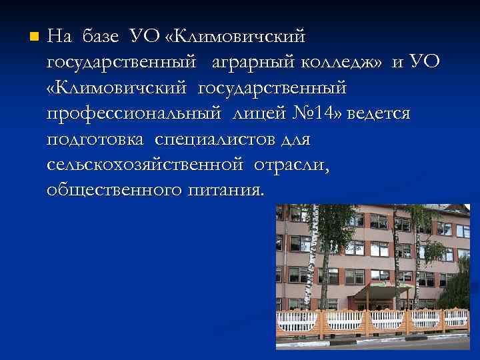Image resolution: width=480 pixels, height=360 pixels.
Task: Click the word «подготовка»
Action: (x=96, y=140)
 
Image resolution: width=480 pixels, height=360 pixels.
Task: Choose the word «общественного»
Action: (x=113, y=191)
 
